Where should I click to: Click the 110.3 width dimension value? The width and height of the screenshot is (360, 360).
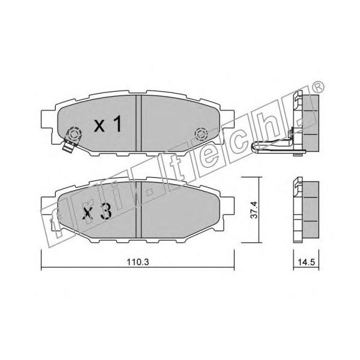click(x=138, y=262)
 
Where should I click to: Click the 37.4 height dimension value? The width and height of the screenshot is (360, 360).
click(x=254, y=210)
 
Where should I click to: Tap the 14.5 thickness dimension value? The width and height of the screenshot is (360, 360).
click(x=306, y=262)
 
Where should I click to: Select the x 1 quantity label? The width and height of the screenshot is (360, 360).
click(x=107, y=124)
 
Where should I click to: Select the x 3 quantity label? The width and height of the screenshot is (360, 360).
click(x=97, y=211)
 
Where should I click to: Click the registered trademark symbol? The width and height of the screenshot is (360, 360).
click(x=318, y=87)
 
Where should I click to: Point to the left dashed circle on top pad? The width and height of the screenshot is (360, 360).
click(x=74, y=134)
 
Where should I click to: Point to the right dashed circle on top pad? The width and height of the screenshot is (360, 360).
click(x=201, y=134)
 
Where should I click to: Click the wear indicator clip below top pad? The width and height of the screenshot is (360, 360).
click(x=68, y=147)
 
